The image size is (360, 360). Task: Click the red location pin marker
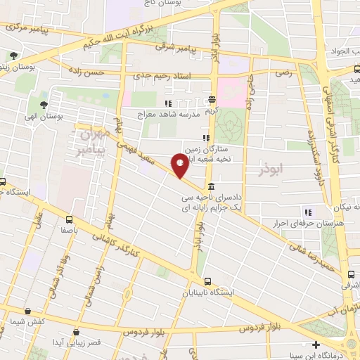point(180,164)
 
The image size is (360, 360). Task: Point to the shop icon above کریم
point(212,101)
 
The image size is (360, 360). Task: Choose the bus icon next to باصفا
point(69,219)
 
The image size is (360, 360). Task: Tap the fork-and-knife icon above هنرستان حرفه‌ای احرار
point(307,212)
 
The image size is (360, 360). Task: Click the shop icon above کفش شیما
point(26,311)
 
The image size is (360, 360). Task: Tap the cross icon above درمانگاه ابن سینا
point(316,345)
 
